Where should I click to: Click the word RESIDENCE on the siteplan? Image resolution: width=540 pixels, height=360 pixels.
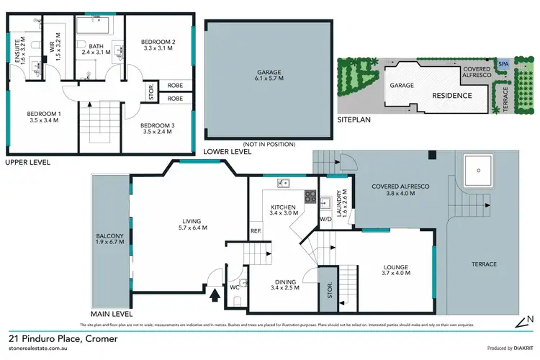point(451,95)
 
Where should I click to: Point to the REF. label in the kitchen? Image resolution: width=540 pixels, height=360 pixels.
point(256,231)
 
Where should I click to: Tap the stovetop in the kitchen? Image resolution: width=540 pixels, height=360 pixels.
point(310,195)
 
